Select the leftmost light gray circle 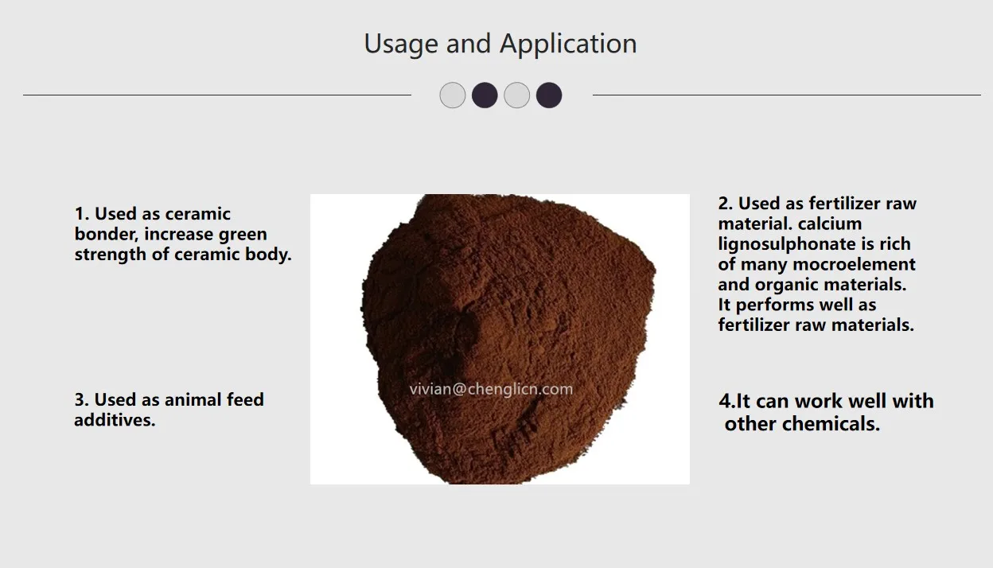tap(452, 95)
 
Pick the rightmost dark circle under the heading tap(549, 95)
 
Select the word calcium tap(831, 224)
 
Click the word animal tap(193, 400)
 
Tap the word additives tap(114, 420)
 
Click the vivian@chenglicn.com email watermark tap(491, 389)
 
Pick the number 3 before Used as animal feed tap(80, 400)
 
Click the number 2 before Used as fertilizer tap(723, 204)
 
